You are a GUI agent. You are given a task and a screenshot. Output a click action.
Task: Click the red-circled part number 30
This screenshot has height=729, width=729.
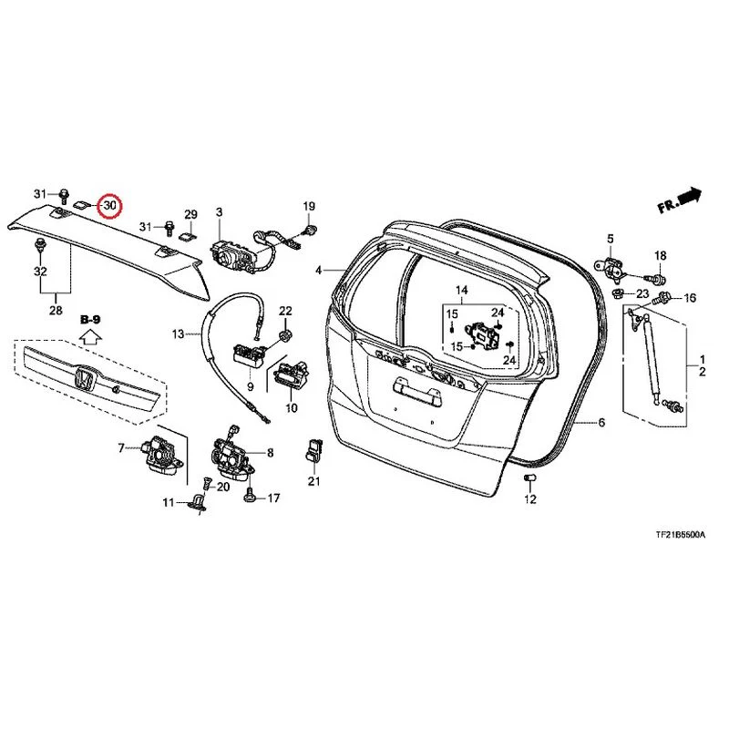pyautogui.click(x=109, y=205)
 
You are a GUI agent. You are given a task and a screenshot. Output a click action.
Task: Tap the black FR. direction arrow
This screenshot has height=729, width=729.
pyautogui.click(x=690, y=196)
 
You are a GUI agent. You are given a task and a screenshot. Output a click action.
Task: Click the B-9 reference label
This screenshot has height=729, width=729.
pyautogui.click(x=90, y=320)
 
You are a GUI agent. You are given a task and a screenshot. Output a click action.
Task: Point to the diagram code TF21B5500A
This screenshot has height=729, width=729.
pyautogui.click(x=680, y=535)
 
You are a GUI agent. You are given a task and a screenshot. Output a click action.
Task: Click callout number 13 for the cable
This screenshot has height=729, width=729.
pyautogui.click(x=178, y=334)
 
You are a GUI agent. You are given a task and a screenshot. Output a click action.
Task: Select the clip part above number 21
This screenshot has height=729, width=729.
pyautogui.click(x=313, y=450)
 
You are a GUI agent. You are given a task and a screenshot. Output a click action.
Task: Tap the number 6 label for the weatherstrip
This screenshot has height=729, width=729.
pyautogui.click(x=601, y=422)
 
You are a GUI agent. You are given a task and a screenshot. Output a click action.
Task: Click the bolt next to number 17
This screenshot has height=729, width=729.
pyautogui.click(x=249, y=497)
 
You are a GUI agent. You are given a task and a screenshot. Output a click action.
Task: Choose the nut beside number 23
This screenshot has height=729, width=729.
pyautogui.click(x=619, y=293)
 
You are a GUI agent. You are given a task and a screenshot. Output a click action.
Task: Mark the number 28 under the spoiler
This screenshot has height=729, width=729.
pyautogui.click(x=56, y=310)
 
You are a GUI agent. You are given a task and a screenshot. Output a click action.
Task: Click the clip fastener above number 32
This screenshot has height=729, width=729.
pyautogui.click(x=40, y=244)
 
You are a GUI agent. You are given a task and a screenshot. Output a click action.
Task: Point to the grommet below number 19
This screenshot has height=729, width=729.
pyautogui.click(x=310, y=229)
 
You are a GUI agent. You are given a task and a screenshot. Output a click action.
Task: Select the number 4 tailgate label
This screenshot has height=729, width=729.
pyautogui.click(x=318, y=270)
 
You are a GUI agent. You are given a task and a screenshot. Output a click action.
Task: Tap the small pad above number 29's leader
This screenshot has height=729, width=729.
pyautogui.click(x=188, y=236)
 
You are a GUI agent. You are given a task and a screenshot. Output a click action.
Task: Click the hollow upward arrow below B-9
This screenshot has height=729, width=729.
pyautogui.click(x=90, y=336)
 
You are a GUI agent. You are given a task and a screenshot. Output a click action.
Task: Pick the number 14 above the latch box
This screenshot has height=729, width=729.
pyautogui.click(x=462, y=291)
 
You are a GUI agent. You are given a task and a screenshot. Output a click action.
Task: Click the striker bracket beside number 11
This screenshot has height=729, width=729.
pyautogui.click(x=198, y=504)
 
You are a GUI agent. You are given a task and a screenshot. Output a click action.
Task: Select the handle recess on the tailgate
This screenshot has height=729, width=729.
pyautogui.click(x=416, y=390)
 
